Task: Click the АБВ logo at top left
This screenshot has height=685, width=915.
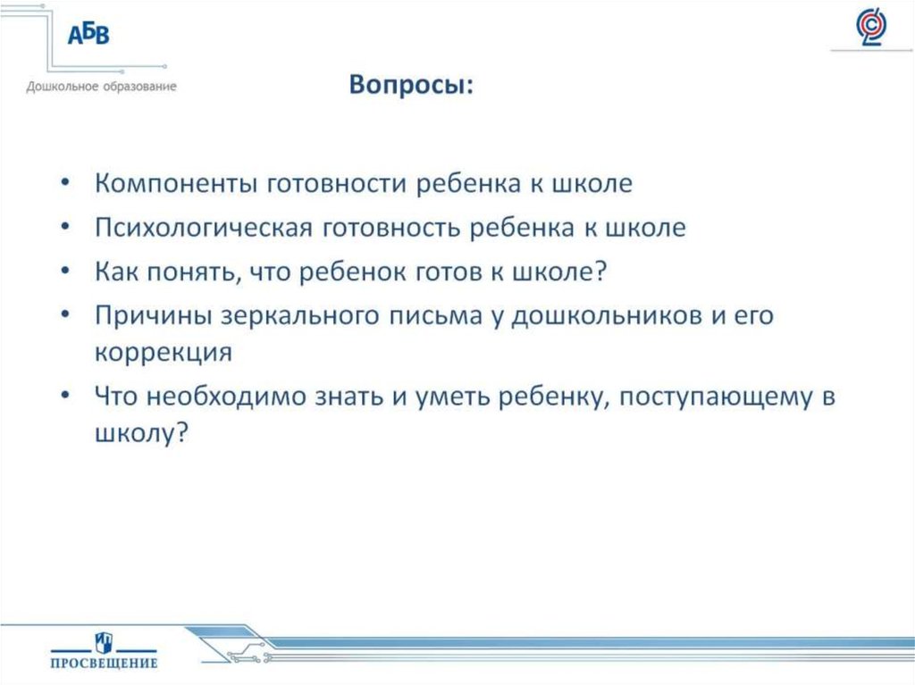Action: point(88,36)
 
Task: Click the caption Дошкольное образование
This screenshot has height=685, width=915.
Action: point(101,87)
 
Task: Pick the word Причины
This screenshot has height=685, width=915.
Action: point(148,315)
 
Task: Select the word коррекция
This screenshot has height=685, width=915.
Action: point(163,352)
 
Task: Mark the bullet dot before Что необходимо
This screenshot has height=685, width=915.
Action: point(69,397)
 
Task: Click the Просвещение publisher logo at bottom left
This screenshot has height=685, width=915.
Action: point(103,649)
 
